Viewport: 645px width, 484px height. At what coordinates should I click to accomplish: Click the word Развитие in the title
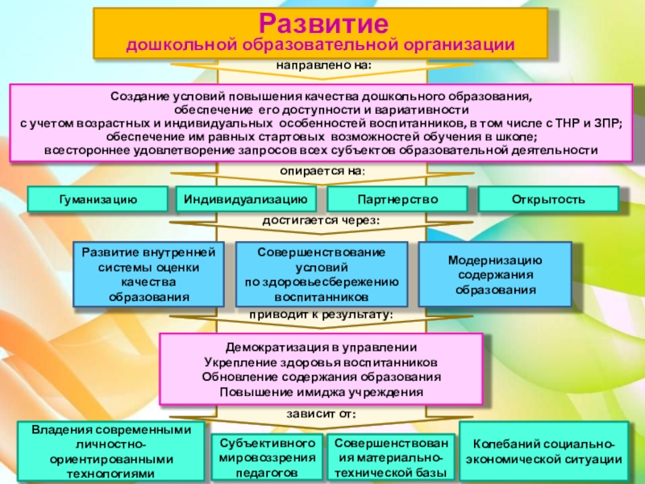click(x=321, y=22)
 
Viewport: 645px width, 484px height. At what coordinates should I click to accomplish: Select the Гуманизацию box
click(x=98, y=198)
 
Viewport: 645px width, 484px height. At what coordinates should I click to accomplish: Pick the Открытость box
click(x=548, y=198)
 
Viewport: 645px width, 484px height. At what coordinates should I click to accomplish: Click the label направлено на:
click(x=324, y=64)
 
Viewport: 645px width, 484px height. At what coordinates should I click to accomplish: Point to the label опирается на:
click(x=322, y=171)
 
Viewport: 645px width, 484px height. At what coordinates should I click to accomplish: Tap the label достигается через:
click(x=322, y=220)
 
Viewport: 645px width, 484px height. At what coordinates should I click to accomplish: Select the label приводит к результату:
click(x=322, y=314)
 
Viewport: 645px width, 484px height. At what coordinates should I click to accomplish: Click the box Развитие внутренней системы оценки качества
click(x=148, y=275)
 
